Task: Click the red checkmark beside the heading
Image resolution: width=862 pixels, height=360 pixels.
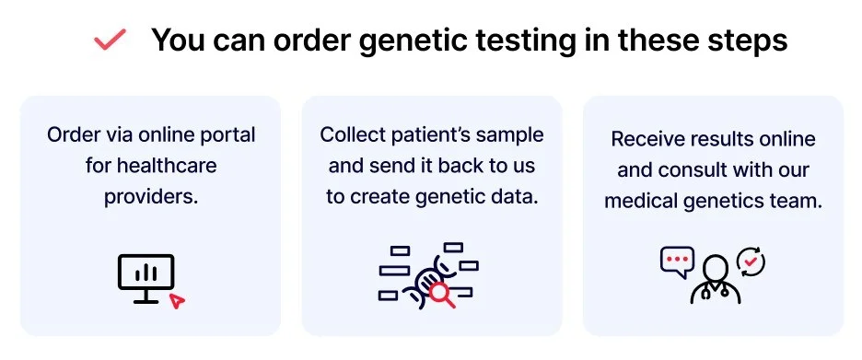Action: click(110, 40)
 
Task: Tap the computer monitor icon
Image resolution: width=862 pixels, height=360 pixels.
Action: click(146, 278)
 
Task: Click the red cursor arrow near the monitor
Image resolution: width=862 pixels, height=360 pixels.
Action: click(177, 301)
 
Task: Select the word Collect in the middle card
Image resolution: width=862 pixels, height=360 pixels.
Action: click(351, 134)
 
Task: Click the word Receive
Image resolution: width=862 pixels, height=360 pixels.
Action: click(642, 139)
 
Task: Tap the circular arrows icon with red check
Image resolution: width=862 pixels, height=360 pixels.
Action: click(751, 261)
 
